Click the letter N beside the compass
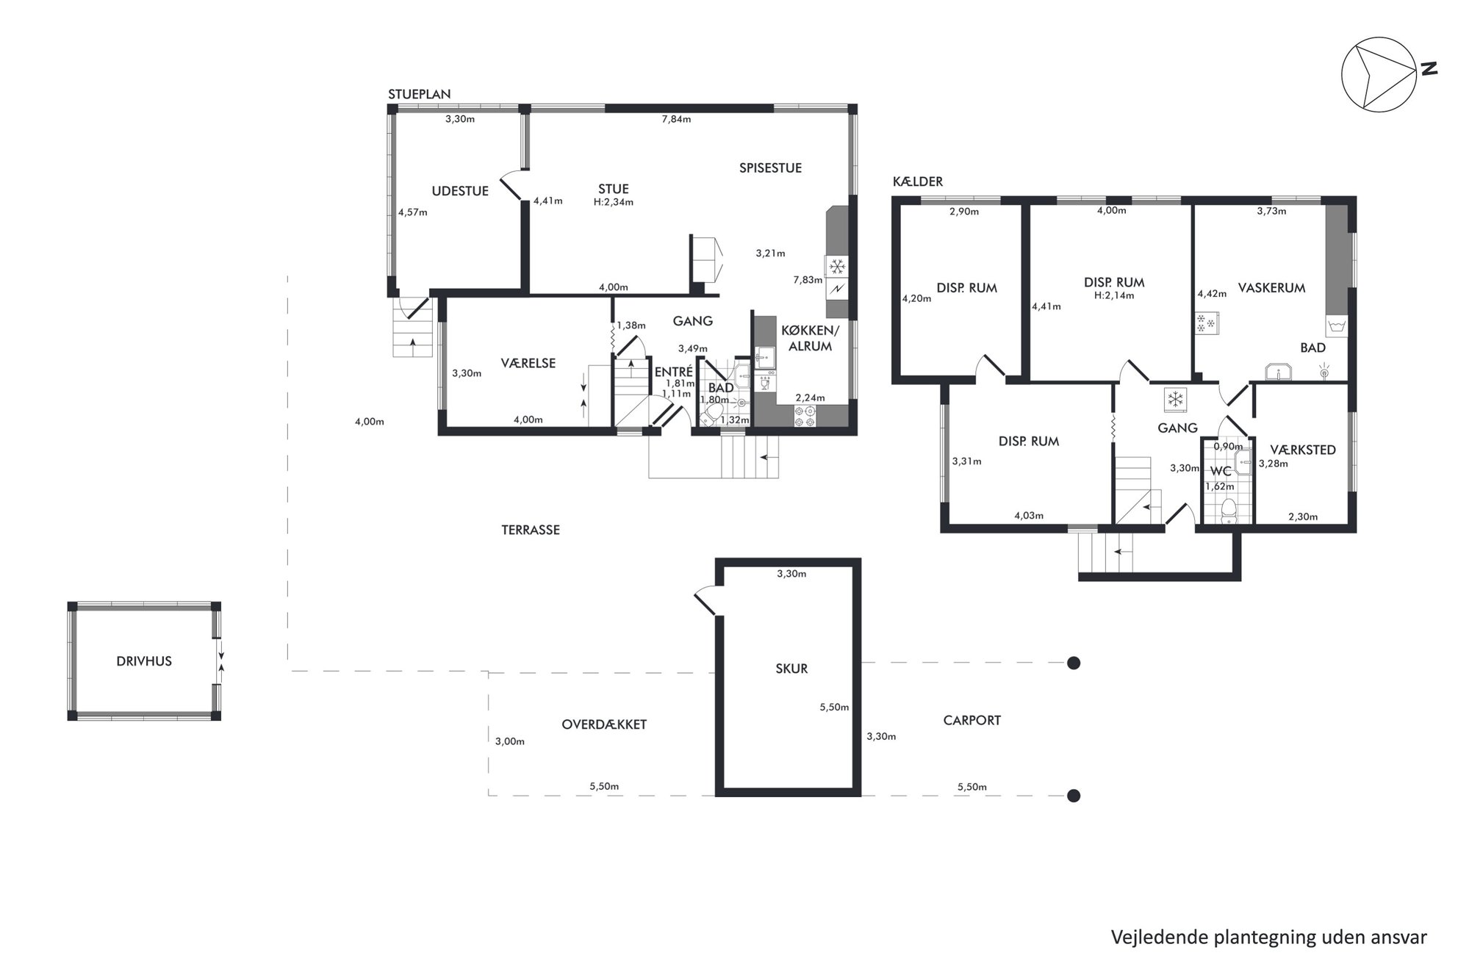pyautogui.click(x=1428, y=69)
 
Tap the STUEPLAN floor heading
pyautogui.click(x=420, y=94)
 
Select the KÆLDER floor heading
pyautogui.click(x=918, y=181)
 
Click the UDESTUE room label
pyautogui.click(x=460, y=191)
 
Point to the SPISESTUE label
pyautogui.click(x=770, y=168)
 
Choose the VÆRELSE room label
pyautogui.click(x=528, y=363)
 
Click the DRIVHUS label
pyautogui.click(x=144, y=661)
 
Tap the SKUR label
pyautogui.click(x=791, y=669)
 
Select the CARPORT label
pyautogui.click(x=972, y=721)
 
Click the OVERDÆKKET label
pyautogui.click(x=604, y=724)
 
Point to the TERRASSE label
pyautogui.click(x=531, y=530)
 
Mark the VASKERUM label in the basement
pyautogui.click(x=1271, y=288)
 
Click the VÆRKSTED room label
pyautogui.click(x=1303, y=450)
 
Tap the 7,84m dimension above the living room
pyautogui.click(x=676, y=119)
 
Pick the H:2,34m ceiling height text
pyautogui.click(x=614, y=202)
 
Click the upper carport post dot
pyautogui.click(x=1074, y=663)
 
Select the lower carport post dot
pyautogui.click(x=1074, y=796)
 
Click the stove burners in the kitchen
pyautogui.click(x=805, y=417)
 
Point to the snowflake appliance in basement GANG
pyautogui.click(x=1176, y=400)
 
